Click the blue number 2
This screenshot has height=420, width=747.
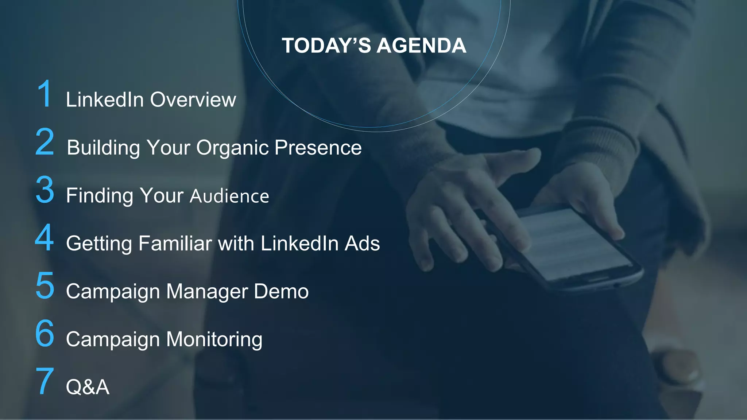click(x=45, y=142)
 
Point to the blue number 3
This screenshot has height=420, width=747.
click(x=45, y=190)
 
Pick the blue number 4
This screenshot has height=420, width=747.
click(x=44, y=238)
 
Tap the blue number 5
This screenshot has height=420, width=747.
click(x=45, y=286)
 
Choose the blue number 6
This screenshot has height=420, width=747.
click(x=45, y=334)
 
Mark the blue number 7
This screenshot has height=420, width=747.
click(x=45, y=381)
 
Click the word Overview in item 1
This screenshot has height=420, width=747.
click(x=193, y=100)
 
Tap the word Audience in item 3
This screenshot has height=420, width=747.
click(x=229, y=196)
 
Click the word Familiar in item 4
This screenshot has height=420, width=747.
click(x=175, y=244)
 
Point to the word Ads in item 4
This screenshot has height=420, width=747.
click(x=362, y=244)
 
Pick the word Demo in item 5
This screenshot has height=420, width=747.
click(x=281, y=291)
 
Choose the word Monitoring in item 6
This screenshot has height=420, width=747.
click(x=214, y=340)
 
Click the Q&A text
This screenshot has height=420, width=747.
click(x=88, y=387)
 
